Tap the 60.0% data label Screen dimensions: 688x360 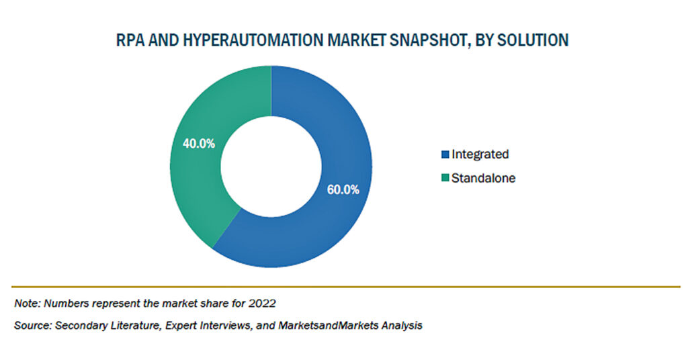click(343, 189)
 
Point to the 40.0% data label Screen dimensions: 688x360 click(199, 143)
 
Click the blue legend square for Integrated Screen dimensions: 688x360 click(445, 154)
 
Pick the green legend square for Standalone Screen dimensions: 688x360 click(445, 178)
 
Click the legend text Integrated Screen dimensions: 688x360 click(480, 154)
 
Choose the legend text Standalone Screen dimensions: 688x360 click(484, 178)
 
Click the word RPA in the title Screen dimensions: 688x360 click(130, 40)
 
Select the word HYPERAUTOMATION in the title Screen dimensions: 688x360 click(251, 40)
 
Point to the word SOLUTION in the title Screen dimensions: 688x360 click(533, 40)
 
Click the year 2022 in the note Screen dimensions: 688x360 click(262, 303)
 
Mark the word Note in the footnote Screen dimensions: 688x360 click(27, 303)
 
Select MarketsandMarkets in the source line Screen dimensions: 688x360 click(328, 325)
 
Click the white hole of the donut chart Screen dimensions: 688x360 click(271, 167)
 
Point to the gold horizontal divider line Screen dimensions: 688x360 click(346, 287)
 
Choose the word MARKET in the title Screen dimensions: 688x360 click(357, 40)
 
